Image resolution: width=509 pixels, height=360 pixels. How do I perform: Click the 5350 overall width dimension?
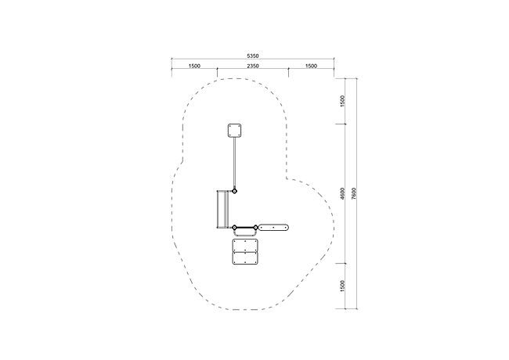click(x=253, y=56)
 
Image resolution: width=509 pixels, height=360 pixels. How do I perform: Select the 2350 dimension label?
click(x=253, y=66)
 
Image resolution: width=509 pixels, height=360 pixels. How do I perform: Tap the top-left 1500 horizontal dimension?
click(x=194, y=66)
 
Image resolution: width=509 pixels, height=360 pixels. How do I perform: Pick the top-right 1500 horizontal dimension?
click(x=311, y=66)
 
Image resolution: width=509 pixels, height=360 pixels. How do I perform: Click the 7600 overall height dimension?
click(x=354, y=193)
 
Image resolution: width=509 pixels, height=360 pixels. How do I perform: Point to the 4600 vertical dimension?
click(x=343, y=193)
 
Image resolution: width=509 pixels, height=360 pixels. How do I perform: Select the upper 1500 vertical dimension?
click(x=343, y=101)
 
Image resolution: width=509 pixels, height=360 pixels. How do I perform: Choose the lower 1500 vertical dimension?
click(x=343, y=286)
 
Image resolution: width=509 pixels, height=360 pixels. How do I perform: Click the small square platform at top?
click(x=234, y=131)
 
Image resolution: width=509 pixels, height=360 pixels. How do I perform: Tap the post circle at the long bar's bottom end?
click(x=234, y=192)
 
